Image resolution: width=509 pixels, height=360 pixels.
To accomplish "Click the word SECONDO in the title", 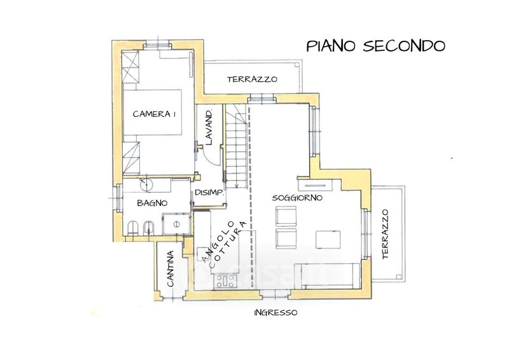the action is click(404, 46).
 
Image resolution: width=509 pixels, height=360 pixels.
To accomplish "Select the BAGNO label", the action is click(152, 203).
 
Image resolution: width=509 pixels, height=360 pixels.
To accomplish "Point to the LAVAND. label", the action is click(209, 127).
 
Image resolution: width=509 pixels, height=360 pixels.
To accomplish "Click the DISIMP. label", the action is click(210, 193).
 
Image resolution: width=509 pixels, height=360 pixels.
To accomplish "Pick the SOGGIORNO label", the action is click(297, 198).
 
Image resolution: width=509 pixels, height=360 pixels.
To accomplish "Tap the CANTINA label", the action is click(171, 268).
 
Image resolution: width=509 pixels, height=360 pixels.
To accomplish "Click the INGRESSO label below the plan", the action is click(275, 312).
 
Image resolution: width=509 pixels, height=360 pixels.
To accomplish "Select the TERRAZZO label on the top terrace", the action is click(252, 79).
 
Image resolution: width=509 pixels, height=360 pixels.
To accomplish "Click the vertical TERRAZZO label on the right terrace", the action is click(385, 233).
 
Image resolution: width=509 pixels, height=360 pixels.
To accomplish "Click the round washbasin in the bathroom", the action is click(146, 184).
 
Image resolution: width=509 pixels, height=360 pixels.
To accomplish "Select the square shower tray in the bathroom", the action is click(176, 224).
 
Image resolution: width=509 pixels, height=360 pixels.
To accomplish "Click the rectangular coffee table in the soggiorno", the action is click(328, 240).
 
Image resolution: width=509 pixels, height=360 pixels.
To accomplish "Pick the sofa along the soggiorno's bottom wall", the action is click(328, 276).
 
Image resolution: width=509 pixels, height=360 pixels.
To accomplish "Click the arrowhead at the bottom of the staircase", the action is click(237, 186).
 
